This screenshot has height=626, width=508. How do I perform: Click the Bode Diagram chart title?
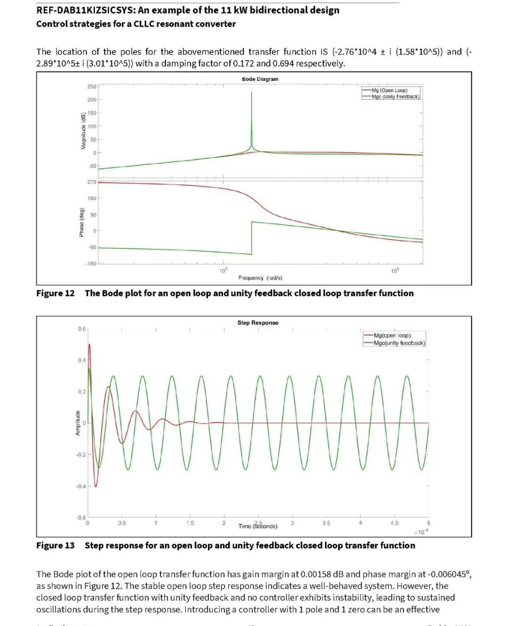[260, 79]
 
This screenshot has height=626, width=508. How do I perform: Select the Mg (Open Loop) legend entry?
[389, 90]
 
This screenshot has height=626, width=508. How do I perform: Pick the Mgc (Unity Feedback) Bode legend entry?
[395, 97]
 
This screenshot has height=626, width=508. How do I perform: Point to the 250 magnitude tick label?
[91, 86]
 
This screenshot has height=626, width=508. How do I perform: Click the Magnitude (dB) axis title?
[83, 131]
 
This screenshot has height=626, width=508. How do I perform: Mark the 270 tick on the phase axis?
[91, 182]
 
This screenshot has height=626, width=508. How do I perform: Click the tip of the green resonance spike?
[252, 93]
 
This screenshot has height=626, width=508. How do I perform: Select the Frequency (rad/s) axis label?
[260, 278]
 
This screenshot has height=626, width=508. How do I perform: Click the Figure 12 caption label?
[56, 293]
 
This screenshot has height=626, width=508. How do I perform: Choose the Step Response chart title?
[258, 323]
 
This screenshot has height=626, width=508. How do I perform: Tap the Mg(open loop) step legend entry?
[392, 336]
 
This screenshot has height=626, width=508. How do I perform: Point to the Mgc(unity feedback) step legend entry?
[399, 343]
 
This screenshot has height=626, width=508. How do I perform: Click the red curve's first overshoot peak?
[89, 344]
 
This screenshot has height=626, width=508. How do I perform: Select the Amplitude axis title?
[78, 423]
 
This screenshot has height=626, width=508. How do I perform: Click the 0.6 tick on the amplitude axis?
[82, 329]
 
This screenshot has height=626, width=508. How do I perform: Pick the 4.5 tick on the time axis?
[394, 523]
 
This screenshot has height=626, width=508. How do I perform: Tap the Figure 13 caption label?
[56, 546]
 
